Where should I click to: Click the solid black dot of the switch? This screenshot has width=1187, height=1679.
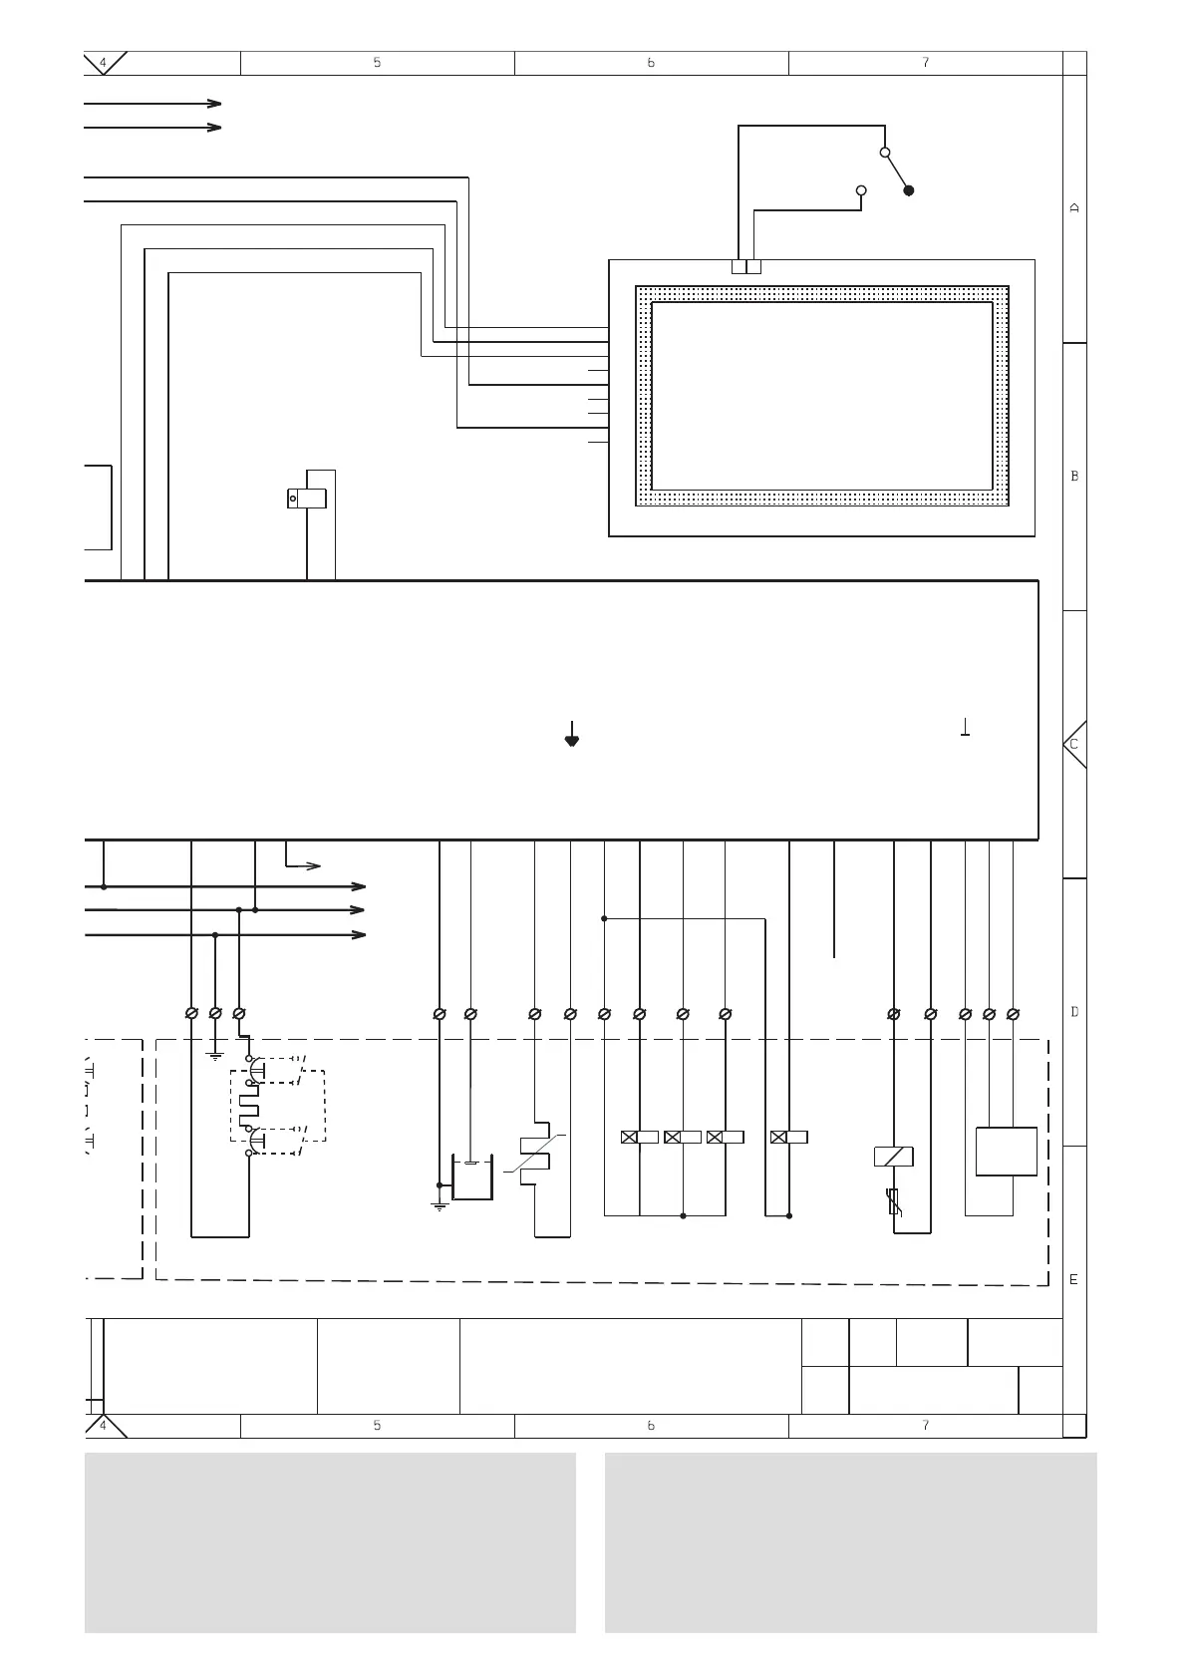pos(909,190)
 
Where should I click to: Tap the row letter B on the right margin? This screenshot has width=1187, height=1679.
pos(1074,477)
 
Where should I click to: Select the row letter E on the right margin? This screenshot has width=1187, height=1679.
pos(1073,1279)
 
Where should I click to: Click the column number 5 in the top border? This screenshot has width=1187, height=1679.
pos(377,63)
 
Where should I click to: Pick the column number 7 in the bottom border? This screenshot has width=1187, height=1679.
pos(925,1426)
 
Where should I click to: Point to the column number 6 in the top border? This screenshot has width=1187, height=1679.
pos(651,63)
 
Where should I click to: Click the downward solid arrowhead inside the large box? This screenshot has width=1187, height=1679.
pos(572,739)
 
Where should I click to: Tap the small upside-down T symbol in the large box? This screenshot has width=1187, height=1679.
pos(966,728)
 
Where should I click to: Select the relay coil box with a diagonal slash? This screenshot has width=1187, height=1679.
pos(894,1157)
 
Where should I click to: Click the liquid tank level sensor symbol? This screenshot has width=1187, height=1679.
pos(471,1178)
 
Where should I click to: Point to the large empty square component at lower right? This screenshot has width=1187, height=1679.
pos(1007,1152)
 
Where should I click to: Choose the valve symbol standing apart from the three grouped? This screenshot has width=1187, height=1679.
pos(789,1137)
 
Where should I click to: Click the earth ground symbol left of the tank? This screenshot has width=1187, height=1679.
pos(440,1205)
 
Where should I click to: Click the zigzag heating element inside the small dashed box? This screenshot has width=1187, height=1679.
pos(248,1107)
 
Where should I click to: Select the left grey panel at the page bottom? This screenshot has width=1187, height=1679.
pos(330,1541)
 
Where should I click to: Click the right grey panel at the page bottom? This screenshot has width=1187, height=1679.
pos(850,1541)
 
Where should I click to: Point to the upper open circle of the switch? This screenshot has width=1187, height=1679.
pos(884,153)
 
